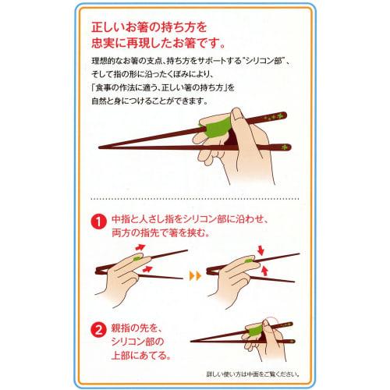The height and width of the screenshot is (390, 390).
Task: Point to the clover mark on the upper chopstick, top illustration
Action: (x=275, y=119)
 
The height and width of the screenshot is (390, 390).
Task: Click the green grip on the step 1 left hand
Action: (x=138, y=258)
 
